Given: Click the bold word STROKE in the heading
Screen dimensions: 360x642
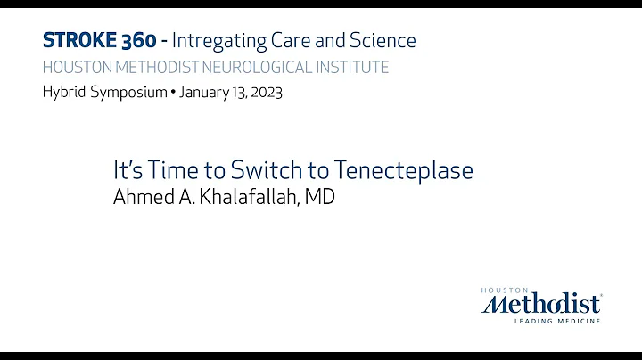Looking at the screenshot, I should (x=78, y=40).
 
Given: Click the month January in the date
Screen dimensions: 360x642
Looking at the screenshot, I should (x=204, y=93).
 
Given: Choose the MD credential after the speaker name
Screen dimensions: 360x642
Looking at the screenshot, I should (x=319, y=197).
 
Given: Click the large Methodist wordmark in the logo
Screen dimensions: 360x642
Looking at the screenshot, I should (x=542, y=304).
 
